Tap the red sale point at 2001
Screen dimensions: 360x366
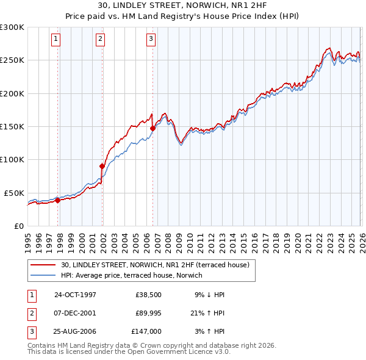pos(102,165)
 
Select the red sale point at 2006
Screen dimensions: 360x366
pos(152,128)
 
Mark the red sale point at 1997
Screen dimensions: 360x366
pos(58,200)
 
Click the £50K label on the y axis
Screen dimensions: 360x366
pos(14,193)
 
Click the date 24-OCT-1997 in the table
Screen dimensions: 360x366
pos(75,294)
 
